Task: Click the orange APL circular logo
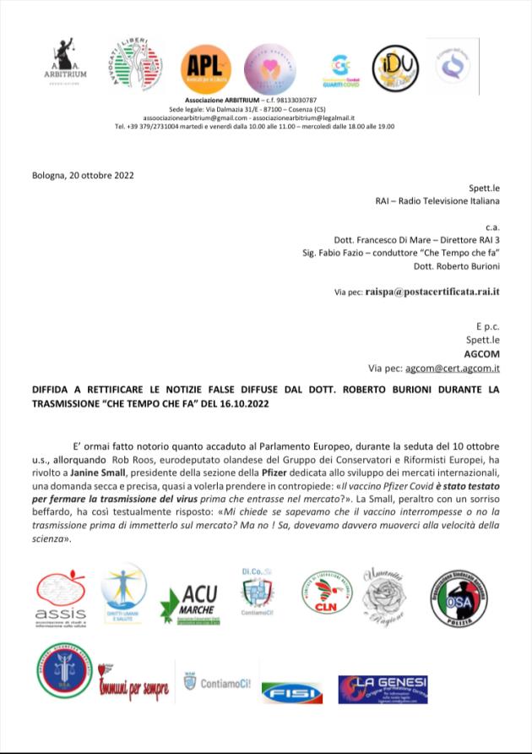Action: [x=205, y=67]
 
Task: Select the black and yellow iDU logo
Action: [x=395, y=68]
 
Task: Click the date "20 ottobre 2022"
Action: [x=95, y=175]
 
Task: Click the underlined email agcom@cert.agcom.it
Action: [x=453, y=368]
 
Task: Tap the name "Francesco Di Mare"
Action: [x=400, y=240]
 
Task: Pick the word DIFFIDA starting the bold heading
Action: [x=51, y=389]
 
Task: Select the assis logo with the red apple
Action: [x=61, y=595]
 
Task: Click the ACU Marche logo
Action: [x=193, y=602]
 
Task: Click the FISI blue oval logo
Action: [x=292, y=691]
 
